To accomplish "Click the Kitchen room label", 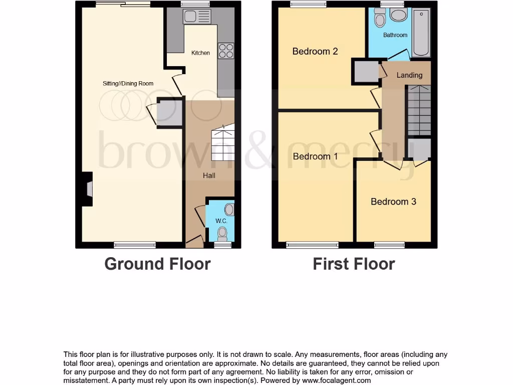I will [200, 53].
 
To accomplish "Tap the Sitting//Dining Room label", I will [128, 84].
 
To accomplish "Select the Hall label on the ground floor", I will [209, 175].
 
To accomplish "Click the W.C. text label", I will [221, 221].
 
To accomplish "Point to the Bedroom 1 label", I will [315, 156].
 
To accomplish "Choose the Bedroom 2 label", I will [315, 51].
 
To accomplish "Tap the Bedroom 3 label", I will [393, 202].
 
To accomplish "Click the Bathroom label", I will [395, 35].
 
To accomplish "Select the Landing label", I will [409, 75].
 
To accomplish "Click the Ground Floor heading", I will [157, 264].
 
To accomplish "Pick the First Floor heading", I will [354, 264].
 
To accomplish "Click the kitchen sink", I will [196, 17].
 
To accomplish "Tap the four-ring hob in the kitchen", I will [226, 51].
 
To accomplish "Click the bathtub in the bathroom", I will [421, 33].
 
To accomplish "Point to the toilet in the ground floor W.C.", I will [223, 233].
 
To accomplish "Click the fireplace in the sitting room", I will [88, 189].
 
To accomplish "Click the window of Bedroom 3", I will [389, 245].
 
